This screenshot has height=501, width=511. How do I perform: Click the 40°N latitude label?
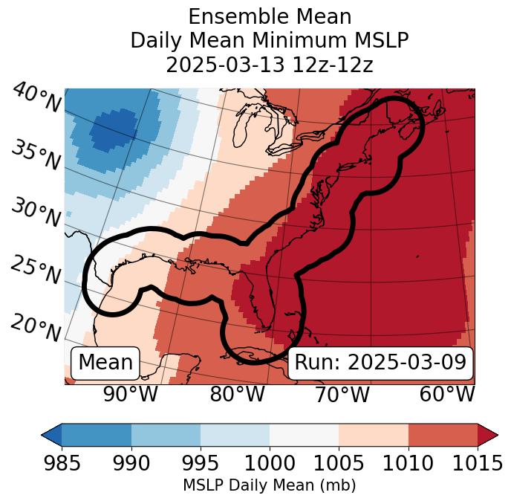pyautogui.click(x=36, y=99)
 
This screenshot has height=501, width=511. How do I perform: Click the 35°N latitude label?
pyautogui.click(x=36, y=155)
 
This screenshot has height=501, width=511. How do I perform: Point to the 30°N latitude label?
pyautogui.click(x=36, y=213)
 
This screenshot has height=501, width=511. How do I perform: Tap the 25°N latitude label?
pyautogui.click(x=36, y=270)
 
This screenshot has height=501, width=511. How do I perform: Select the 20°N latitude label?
pyautogui.click(x=36, y=327)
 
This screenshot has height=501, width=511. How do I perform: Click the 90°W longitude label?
pyautogui.click(x=130, y=394)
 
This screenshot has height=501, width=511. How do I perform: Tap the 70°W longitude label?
pyautogui.click(x=342, y=394)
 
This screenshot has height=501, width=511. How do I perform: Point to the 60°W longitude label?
pyautogui.click(x=447, y=394)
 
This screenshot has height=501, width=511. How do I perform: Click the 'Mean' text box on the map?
pyautogui.click(x=105, y=363)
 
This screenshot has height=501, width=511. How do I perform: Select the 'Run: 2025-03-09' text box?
pyautogui.click(x=380, y=363)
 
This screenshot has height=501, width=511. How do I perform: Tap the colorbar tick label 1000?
pyautogui.click(x=269, y=464)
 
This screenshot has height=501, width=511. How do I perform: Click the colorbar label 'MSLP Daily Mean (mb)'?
pyautogui.click(x=269, y=486)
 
